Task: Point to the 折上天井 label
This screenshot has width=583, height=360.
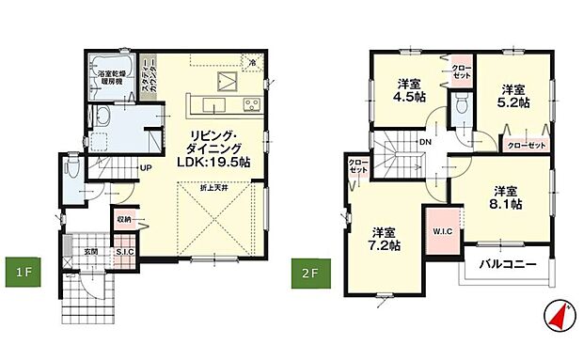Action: tap(214, 190)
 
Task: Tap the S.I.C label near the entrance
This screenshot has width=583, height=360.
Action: tap(123, 252)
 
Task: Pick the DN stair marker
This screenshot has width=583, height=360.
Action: tap(425, 143)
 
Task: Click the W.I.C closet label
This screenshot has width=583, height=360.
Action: tap(442, 231)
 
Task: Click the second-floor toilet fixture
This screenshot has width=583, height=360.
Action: tap(457, 111)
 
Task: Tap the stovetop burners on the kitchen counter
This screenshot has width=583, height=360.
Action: tap(251, 103)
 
